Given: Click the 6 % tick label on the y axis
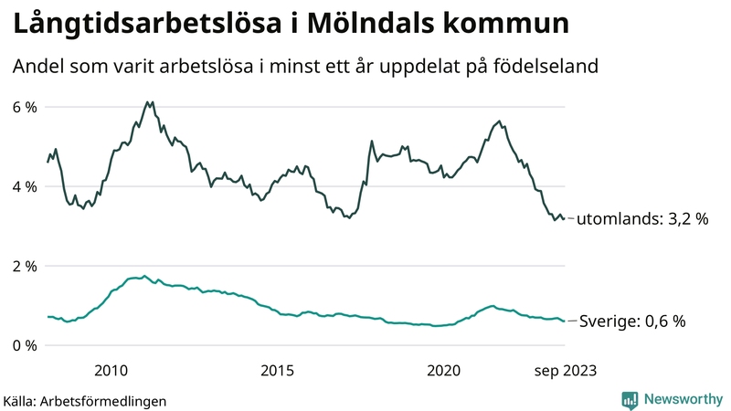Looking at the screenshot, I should (x=25, y=107).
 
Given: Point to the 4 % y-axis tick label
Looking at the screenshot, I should (x=25, y=186).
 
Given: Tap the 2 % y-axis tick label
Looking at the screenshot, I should (x=25, y=266).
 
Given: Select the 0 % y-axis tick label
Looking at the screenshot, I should (x=25, y=345).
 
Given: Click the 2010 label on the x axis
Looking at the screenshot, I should (x=111, y=370).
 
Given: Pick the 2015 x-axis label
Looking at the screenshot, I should (x=277, y=370).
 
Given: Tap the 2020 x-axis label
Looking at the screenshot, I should (x=443, y=370).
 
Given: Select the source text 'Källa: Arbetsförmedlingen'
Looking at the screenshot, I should (x=85, y=400).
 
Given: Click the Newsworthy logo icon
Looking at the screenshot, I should (x=630, y=399).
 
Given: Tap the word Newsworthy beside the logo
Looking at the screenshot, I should (x=683, y=399).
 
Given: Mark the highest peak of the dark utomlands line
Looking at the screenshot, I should (x=147, y=101).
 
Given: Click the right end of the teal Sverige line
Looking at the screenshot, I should (x=564, y=321).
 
